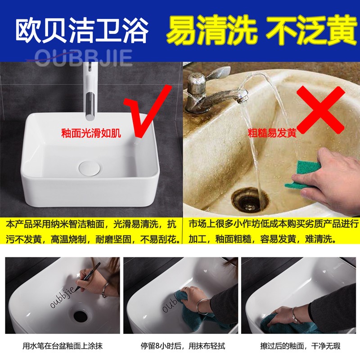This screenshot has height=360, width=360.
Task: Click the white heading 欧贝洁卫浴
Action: click(82, 30)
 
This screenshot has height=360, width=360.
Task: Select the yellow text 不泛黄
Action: click(311, 30)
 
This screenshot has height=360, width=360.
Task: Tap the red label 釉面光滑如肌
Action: click(91, 133)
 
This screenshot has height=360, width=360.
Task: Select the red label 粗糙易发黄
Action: click(272, 133)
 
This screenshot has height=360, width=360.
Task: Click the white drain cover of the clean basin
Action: click(89, 168)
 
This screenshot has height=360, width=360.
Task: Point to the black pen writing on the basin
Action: click(89, 275)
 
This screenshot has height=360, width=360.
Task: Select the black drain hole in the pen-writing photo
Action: click(81, 316)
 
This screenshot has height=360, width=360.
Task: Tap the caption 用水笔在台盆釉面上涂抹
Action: click(63, 346)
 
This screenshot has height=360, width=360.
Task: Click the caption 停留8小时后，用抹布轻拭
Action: click(183, 346)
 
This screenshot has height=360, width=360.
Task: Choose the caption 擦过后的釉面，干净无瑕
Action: click(300, 346)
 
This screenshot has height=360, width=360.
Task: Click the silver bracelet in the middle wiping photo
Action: click(202, 306)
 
